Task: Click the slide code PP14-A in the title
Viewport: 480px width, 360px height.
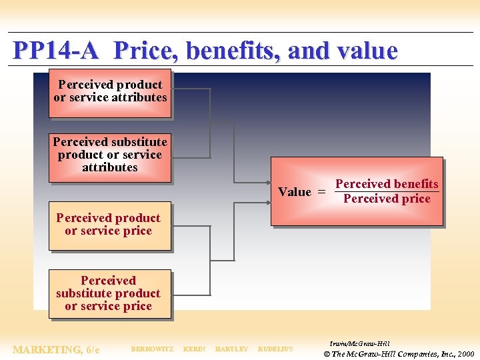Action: point(55,51)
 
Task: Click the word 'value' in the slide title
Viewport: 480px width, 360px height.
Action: point(363,51)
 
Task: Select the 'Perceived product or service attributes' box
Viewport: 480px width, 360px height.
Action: point(110,91)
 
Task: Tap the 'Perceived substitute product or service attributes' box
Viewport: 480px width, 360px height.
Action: point(110,155)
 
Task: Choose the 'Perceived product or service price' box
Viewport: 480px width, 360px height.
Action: point(109,225)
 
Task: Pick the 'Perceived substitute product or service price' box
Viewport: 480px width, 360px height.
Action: point(109,293)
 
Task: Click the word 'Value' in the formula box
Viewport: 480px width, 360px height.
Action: point(294,192)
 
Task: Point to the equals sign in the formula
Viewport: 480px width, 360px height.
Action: point(321,192)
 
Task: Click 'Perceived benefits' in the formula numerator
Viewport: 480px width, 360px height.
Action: point(387,184)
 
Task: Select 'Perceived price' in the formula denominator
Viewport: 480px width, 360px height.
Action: point(387,199)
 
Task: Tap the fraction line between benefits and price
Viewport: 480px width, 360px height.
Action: point(387,191)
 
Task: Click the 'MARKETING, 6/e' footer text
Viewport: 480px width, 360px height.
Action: point(56,349)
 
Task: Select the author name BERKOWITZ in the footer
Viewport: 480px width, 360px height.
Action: point(152,349)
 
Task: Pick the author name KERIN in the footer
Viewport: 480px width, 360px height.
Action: point(194,349)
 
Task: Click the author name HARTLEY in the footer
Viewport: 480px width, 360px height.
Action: point(231,349)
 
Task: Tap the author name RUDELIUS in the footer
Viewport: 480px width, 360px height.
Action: point(275,349)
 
